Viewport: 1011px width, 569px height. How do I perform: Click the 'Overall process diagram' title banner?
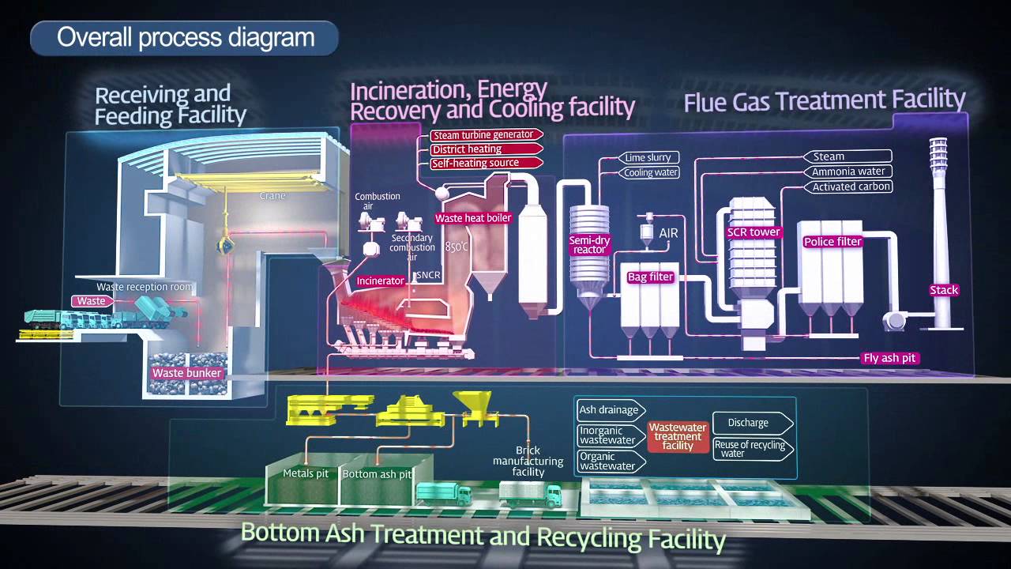[x=184, y=38]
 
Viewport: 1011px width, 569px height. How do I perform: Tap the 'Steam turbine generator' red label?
[x=486, y=134]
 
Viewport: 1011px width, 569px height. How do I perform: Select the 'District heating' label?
[x=486, y=149]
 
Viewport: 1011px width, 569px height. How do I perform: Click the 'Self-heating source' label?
[x=486, y=163]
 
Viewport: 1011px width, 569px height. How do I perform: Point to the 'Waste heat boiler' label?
[x=473, y=218]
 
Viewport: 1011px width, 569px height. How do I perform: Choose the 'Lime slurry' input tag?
[x=648, y=157]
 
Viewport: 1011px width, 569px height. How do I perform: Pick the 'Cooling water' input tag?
[x=648, y=172]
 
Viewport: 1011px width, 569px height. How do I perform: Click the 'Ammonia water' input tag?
[x=848, y=171]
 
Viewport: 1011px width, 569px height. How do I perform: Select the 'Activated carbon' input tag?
[x=848, y=187]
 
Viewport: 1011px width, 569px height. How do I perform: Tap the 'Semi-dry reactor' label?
[x=589, y=245]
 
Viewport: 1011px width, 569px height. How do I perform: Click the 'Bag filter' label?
[x=650, y=277]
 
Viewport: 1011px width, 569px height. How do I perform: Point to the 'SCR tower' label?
[x=754, y=232]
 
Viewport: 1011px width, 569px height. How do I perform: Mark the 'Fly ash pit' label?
[x=889, y=358]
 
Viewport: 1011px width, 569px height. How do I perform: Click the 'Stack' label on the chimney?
[x=944, y=290]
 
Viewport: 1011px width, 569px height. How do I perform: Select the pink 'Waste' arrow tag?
[x=92, y=301]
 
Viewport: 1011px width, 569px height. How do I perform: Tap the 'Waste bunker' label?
[x=187, y=373]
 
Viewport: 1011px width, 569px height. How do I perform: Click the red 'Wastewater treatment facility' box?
[x=678, y=436]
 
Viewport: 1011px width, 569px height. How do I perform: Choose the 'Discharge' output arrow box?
[x=753, y=423]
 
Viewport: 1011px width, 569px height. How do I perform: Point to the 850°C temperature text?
[x=457, y=247]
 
